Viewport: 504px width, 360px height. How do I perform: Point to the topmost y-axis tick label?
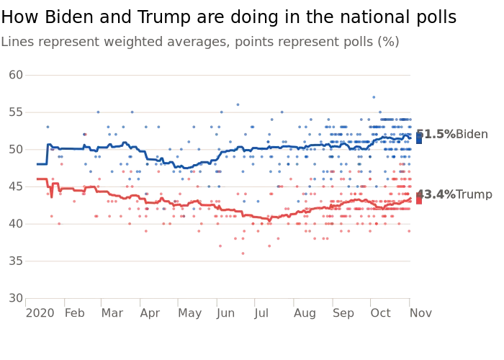coord(13,75)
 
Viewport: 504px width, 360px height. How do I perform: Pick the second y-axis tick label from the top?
coord(13,112)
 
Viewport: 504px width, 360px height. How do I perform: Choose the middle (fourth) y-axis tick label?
coord(13,186)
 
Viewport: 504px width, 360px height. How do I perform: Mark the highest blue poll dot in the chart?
coord(374,96)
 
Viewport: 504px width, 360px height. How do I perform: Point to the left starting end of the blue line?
coord(36,164)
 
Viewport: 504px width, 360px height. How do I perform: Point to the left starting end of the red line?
coord(36,179)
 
